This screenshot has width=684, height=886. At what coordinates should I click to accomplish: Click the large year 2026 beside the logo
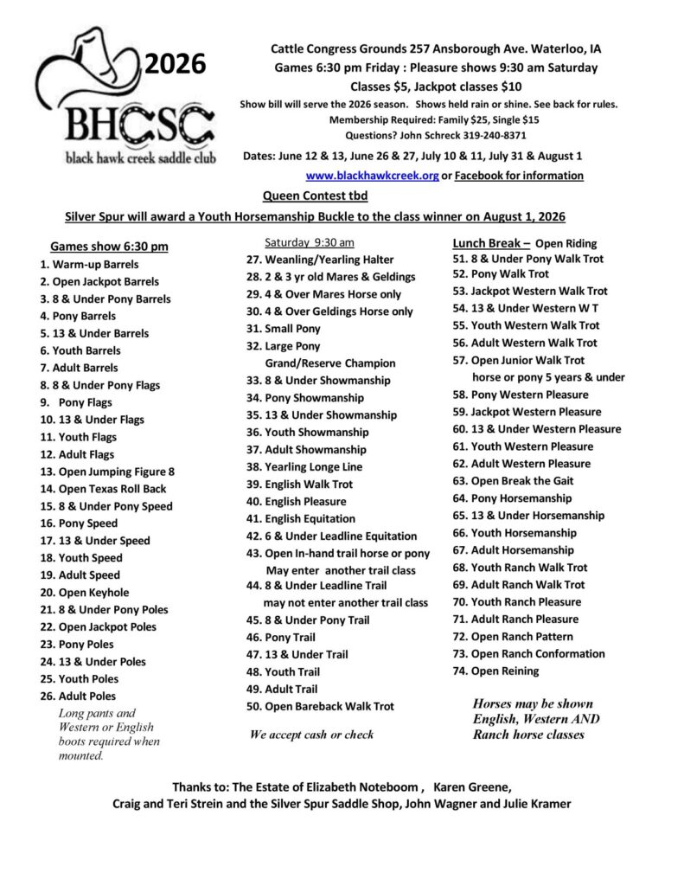coord(176,63)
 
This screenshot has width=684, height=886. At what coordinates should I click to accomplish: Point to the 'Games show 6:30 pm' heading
coord(109,247)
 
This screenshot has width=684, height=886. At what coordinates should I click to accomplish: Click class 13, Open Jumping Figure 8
coord(107,472)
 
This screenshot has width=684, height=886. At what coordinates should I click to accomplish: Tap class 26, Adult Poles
coord(78,696)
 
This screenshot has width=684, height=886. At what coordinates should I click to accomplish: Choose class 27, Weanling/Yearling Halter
coord(320,260)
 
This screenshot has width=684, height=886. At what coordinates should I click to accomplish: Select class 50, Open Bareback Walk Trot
coord(320,706)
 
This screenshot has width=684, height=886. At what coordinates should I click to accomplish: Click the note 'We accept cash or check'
coord(311,735)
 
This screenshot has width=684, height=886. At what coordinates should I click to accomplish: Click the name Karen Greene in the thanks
coord(471,786)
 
